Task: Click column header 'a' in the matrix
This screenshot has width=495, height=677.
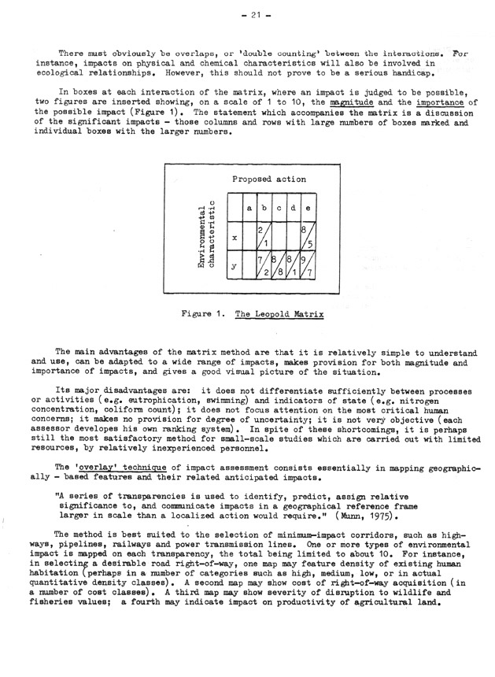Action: tap(249, 209)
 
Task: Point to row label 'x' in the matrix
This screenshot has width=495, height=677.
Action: tap(235, 236)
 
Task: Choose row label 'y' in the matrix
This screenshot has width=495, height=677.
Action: tap(235, 266)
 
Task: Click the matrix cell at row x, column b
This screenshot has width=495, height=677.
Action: tap(264, 236)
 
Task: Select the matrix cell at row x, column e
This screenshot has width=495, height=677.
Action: tap(307, 236)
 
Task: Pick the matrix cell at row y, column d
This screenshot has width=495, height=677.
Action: tap(292, 266)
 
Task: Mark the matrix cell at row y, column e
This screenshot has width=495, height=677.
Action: tap(307, 266)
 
